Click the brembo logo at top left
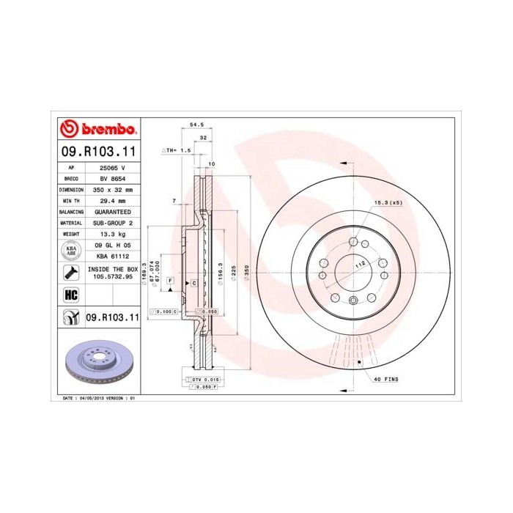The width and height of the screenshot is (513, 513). pyautogui.click(x=98, y=129)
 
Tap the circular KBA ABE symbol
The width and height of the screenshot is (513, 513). pyautogui.click(x=71, y=249)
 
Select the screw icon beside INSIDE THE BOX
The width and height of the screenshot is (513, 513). pyautogui.click(x=71, y=274)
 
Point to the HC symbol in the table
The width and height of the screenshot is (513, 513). pyautogui.click(x=71, y=295)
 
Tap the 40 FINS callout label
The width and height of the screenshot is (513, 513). pyautogui.click(x=386, y=379)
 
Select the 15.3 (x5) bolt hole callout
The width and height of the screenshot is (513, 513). pyautogui.click(x=388, y=202)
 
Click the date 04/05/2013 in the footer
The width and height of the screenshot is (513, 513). pyautogui.click(x=89, y=397)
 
